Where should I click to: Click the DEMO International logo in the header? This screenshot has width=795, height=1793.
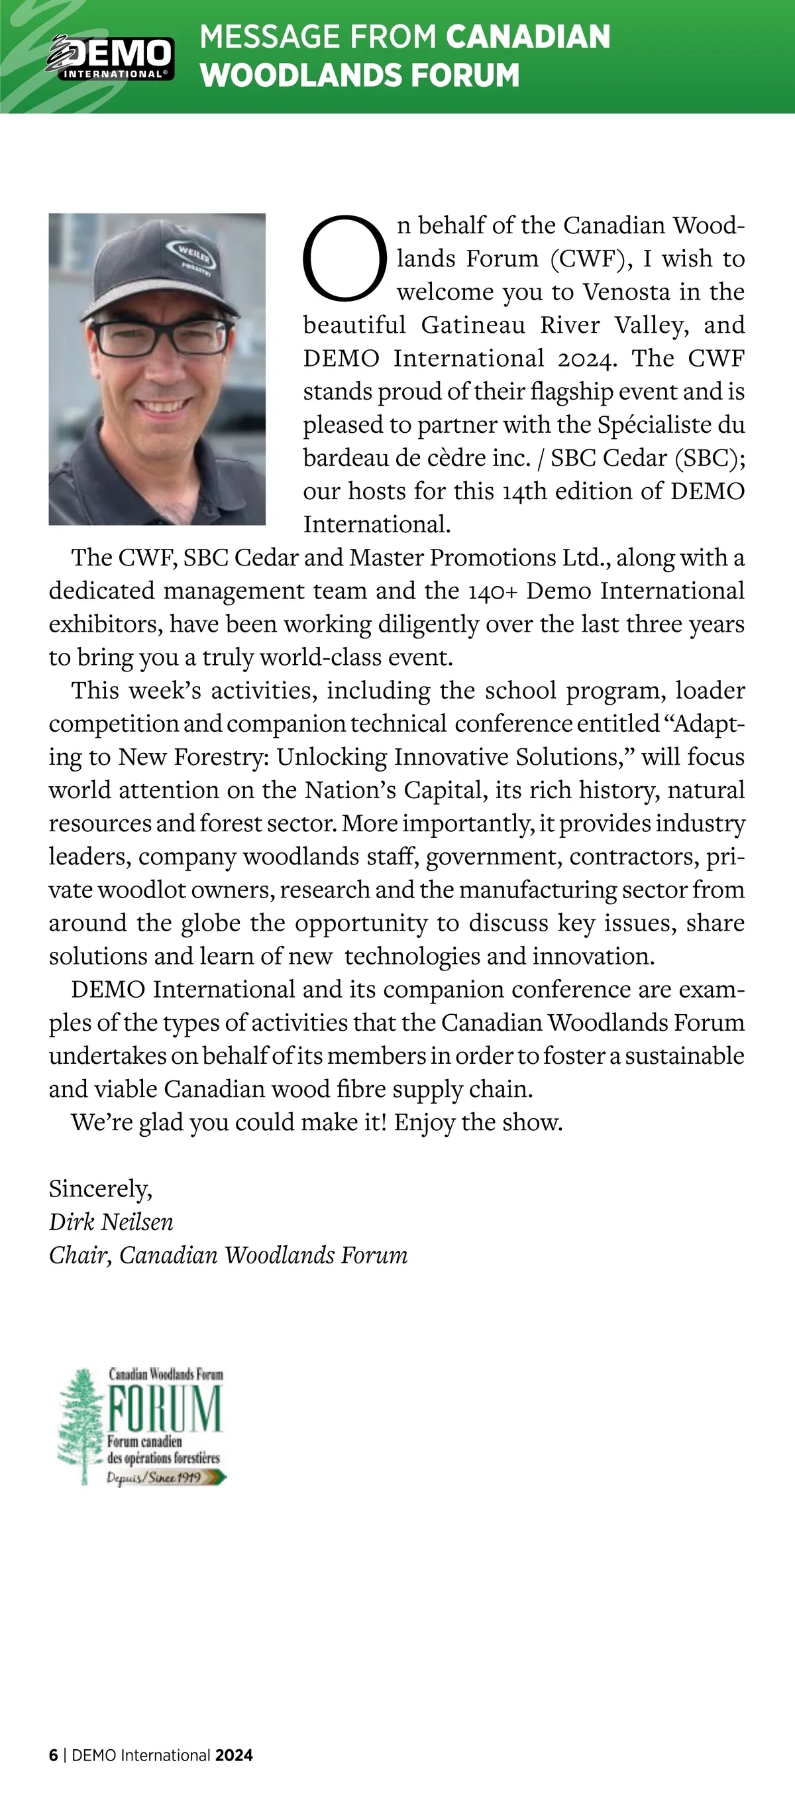point(110,56)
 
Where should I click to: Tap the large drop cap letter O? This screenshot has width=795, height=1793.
point(344,259)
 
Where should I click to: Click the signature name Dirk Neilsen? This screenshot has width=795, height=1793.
point(111,1222)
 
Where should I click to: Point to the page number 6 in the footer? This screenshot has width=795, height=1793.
point(54,1755)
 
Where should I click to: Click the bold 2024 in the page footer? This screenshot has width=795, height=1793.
point(234,1755)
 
